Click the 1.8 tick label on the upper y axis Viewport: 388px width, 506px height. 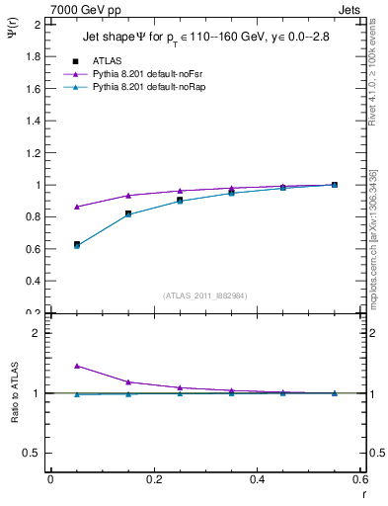(33, 56)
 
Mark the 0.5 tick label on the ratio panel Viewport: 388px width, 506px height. (33, 453)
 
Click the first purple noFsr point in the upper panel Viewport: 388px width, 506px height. (77, 207)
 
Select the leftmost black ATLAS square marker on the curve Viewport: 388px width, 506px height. (77, 244)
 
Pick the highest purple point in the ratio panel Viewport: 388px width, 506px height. (77, 366)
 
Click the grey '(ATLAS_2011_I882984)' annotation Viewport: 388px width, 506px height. (204, 295)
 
